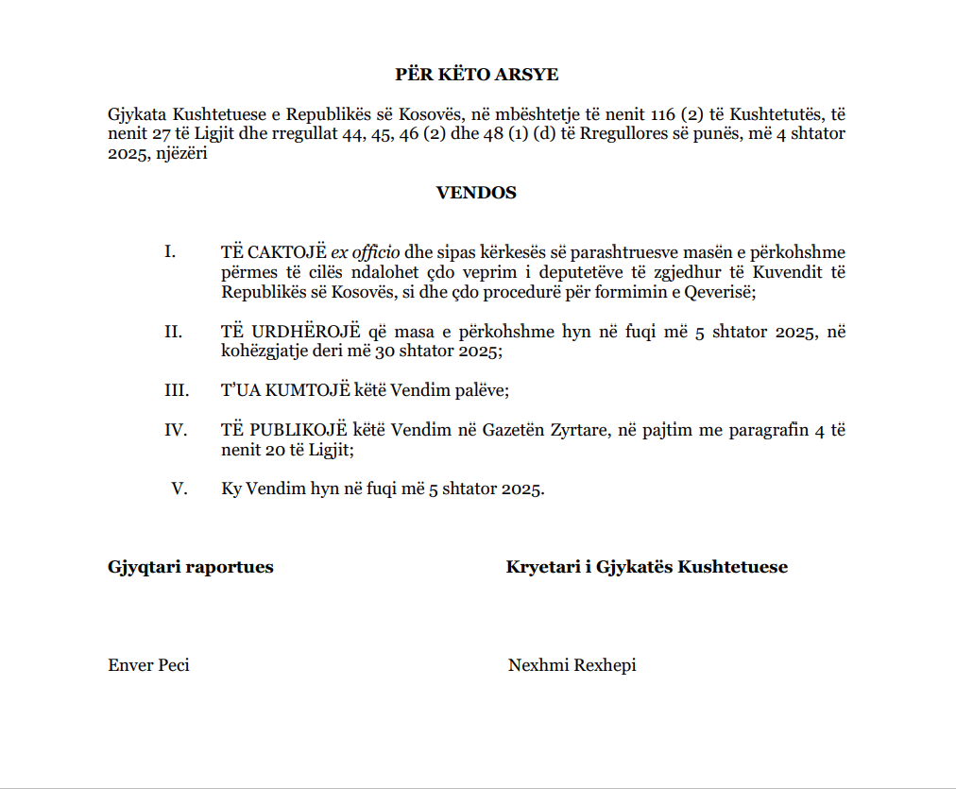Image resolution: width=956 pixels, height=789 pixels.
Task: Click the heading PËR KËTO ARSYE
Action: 476,74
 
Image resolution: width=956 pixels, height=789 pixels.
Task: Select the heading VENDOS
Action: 476,193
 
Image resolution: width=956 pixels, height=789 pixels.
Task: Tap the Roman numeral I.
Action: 171,252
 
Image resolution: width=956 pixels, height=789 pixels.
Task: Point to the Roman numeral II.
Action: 173,332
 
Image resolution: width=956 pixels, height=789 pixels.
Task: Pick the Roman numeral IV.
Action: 175,430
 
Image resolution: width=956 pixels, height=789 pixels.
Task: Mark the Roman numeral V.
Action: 179,489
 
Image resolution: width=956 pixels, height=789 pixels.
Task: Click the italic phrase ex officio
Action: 365,252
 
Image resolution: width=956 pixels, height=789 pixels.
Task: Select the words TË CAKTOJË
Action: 274,252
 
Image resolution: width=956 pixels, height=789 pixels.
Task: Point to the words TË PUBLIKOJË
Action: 282,430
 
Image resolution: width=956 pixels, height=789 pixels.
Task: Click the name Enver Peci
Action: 148,665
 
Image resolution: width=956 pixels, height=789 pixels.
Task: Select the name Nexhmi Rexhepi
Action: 572,665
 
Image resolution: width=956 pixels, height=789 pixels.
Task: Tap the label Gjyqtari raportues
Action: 191,567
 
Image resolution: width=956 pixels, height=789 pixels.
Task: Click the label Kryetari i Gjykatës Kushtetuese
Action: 647,567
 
